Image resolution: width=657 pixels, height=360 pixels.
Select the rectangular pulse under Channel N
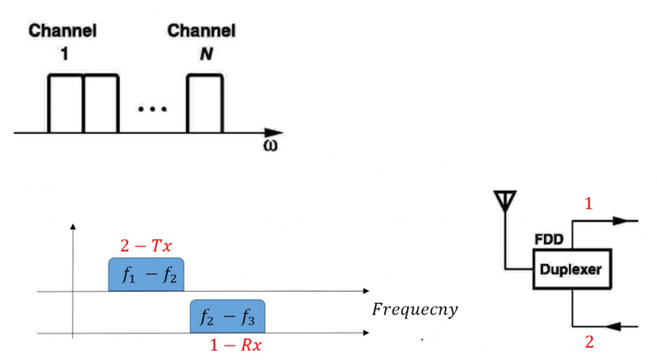[204, 103]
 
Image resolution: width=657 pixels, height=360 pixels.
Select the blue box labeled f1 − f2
[145, 275]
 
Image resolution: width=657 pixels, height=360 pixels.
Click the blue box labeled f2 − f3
[227, 316]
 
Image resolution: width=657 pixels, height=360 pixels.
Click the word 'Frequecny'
[414, 309]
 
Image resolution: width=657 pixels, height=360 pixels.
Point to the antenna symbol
[505, 203]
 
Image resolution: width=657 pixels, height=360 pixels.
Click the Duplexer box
[571, 269]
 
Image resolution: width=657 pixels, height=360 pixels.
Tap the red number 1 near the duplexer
[588, 204]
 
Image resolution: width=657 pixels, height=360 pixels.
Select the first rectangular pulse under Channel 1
[65, 103]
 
